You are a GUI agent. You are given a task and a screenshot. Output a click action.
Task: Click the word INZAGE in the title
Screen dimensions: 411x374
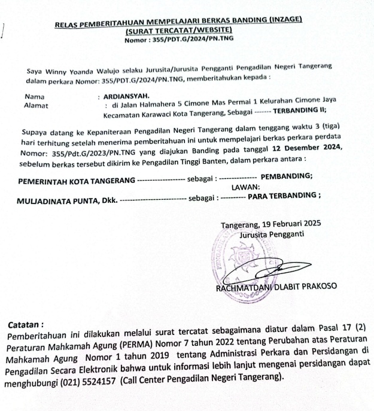[283, 21]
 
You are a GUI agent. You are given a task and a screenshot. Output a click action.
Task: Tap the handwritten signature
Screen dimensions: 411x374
[263, 272]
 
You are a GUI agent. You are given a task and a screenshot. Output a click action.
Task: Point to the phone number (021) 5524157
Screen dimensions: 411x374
[88, 379]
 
